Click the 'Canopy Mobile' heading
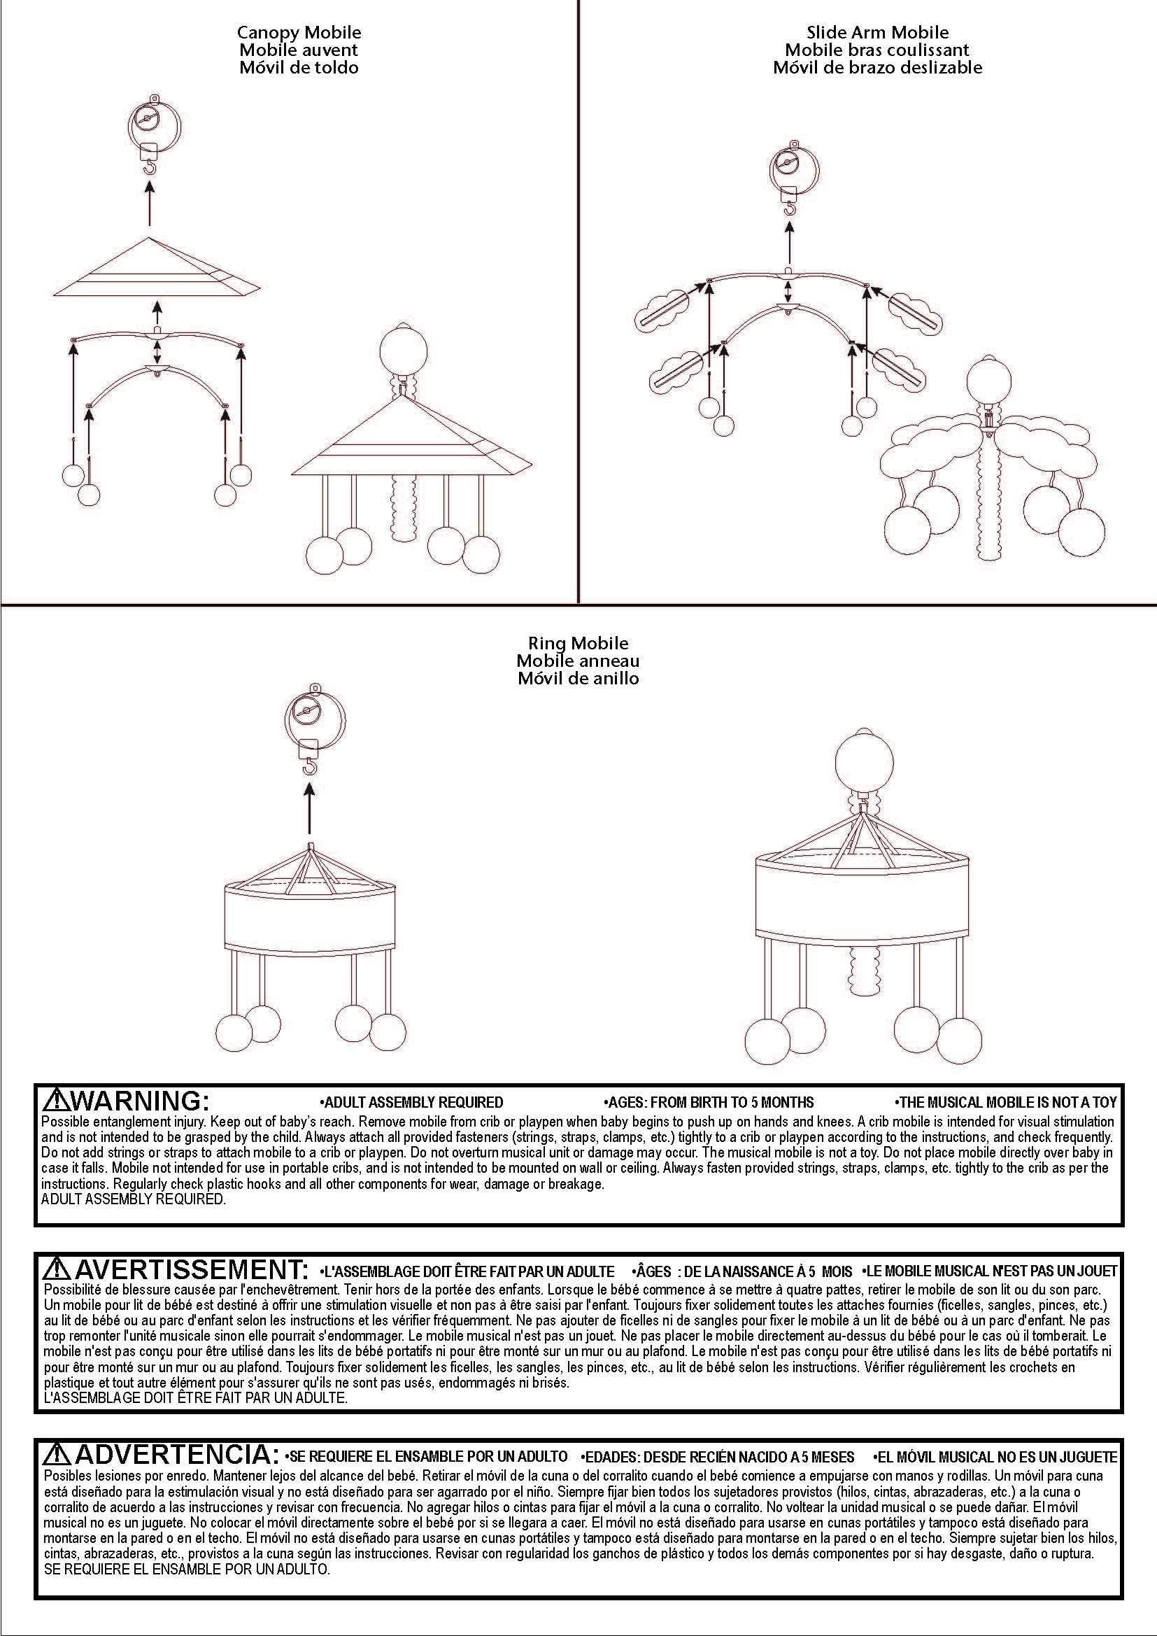coord(299,33)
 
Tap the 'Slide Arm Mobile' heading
coord(878,33)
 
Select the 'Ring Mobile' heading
coord(578,644)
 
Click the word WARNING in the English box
coord(141,1101)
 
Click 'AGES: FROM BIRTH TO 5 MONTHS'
coord(709,1102)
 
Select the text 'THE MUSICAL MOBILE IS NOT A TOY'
coord(1005,1102)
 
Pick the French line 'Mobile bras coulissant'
coord(878,50)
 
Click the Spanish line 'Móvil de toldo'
coord(299,68)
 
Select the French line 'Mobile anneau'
coord(578,661)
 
